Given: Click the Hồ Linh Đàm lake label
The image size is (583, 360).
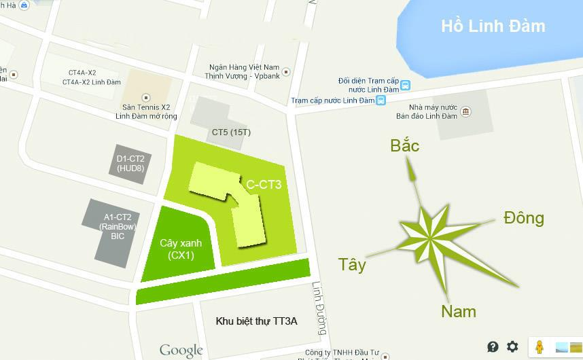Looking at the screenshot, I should [x=493, y=26].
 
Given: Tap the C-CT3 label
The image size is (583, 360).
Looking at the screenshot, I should [x=264, y=183].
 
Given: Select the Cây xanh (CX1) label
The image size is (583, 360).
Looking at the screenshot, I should [x=181, y=249].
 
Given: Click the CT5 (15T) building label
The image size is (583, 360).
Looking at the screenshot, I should [x=231, y=132].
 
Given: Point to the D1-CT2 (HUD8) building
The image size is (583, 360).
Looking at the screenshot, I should [x=130, y=164].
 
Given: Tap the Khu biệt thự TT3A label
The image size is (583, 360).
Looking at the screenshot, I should [x=256, y=321].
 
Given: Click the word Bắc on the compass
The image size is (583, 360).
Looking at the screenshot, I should [x=404, y=145].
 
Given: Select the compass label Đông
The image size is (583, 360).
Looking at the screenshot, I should [x=524, y=218].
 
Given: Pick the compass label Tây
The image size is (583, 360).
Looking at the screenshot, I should [x=352, y=265].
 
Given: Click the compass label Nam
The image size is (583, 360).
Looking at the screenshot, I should [x=459, y=312].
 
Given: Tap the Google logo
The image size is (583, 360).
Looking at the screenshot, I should [x=181, y=350].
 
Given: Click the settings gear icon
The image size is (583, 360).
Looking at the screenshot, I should [x=512, y=346].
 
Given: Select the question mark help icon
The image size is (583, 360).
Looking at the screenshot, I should [x=493, y=346].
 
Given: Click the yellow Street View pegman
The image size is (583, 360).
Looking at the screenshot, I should [x=540, y=346].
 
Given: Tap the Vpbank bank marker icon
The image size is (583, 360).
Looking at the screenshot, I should [x=287, y=71].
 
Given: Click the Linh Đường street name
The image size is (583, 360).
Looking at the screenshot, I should [x=320, y=308].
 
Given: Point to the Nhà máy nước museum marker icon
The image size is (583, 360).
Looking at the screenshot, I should [x=465, y=111].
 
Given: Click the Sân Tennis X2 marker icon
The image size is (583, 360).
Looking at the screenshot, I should [x=145, y=98].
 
